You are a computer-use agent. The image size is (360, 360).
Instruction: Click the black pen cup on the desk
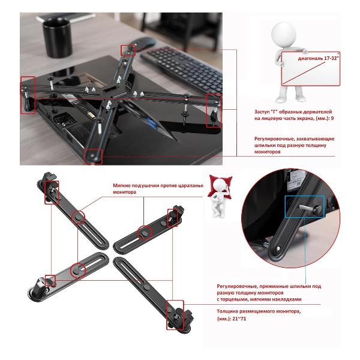(58, 37)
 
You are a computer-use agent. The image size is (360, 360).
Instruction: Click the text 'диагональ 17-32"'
(319, 58)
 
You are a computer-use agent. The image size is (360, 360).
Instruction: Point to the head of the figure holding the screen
(284, 34)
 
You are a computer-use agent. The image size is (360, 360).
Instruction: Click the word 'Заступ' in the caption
(262, 112)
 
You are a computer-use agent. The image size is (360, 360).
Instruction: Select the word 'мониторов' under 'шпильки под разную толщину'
(267, 152)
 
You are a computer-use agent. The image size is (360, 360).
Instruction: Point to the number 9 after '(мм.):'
(332, 118)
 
